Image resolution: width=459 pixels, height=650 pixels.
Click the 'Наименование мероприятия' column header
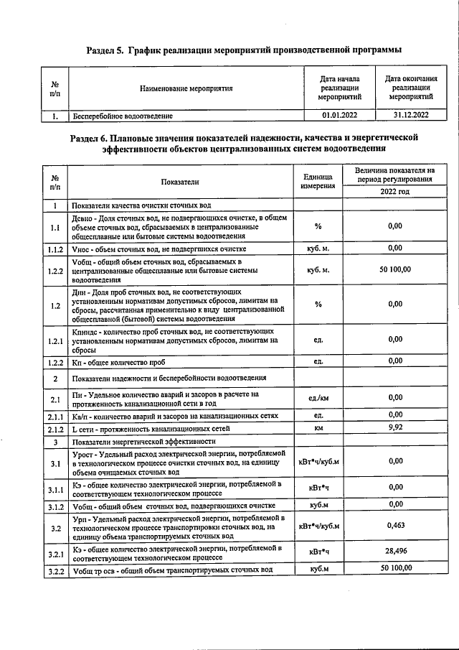pos(186,88)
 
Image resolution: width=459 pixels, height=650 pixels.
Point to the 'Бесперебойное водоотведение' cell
pos(123,115)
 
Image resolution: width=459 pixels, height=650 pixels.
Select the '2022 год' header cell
pos(395,192)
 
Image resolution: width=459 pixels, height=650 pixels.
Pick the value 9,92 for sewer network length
pos(395,428)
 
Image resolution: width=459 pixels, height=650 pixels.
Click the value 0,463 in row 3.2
pos(395,526)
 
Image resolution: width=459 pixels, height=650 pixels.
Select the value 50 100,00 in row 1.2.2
pos(395,269)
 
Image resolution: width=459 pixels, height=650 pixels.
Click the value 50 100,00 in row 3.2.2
pos(395,568)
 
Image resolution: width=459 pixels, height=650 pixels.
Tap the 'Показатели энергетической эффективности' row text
pos(144,441)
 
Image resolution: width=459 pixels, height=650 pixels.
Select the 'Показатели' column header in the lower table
pos(180,182)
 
